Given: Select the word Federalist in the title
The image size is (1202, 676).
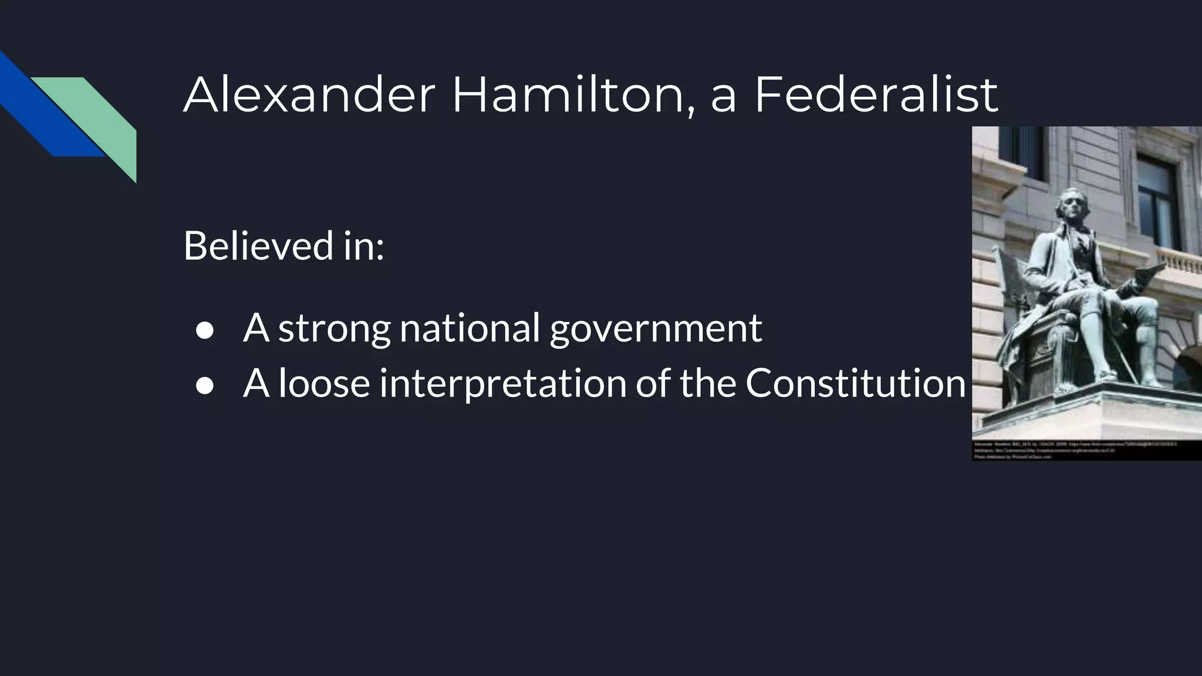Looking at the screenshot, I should click(x=876, y=94).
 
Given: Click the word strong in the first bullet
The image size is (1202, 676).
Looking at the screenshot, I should click(x=335, y=329).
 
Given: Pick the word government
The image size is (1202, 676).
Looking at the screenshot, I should click(x=656, y=329).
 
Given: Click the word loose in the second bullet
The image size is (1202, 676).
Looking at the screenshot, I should click(x=324, y=383).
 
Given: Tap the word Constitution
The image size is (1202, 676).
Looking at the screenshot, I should click(x=855, y=383).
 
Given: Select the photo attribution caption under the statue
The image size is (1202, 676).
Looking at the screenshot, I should click(x=1074, y=451).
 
